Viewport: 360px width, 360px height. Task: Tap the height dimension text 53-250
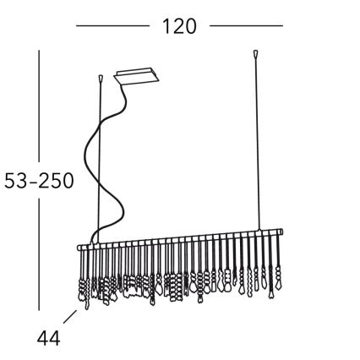tap(37, 181)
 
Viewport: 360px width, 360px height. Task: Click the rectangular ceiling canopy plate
tap(138, 78)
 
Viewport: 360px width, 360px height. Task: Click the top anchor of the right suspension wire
tap(254, 57)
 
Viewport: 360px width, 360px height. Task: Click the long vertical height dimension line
tap(39, 110)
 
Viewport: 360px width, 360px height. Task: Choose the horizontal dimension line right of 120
tap(246, 26)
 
